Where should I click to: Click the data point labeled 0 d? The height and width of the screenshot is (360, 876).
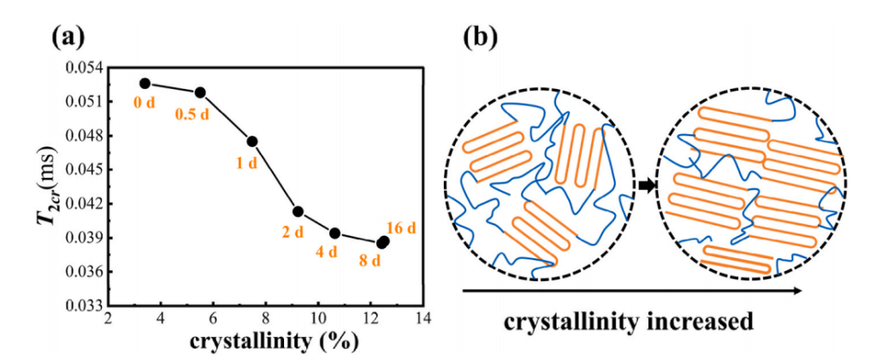pyautogui.click(x=145, y=84)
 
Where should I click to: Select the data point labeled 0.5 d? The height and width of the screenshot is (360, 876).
pyautogui.click(x=200, y=92)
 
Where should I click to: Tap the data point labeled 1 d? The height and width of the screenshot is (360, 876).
pyautogui.click(x=252, y=141)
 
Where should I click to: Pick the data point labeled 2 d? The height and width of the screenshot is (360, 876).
pyautogui.click(x=298, y=211)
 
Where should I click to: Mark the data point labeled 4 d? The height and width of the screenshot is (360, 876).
pyautogui.click(x=334, y=233)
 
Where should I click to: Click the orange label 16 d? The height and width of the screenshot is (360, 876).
pyautogui.click(x=401, y=228)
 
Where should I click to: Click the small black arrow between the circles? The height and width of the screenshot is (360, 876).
pyautogui.click(x=646, y=185)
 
